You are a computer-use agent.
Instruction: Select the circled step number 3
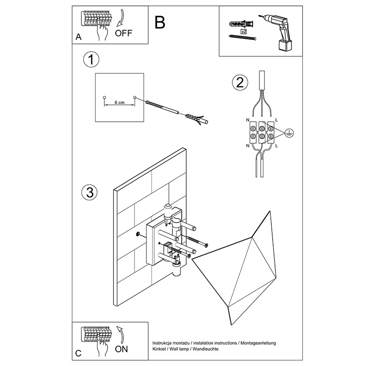[90, 192]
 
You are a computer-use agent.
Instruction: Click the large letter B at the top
[160, 22]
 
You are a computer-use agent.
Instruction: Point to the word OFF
[124, 33]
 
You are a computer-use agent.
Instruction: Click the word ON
[121, 350]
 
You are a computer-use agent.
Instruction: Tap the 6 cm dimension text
[118, 102]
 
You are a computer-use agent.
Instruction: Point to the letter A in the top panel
[78, 38]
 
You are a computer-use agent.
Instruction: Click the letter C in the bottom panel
[78, 354]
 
